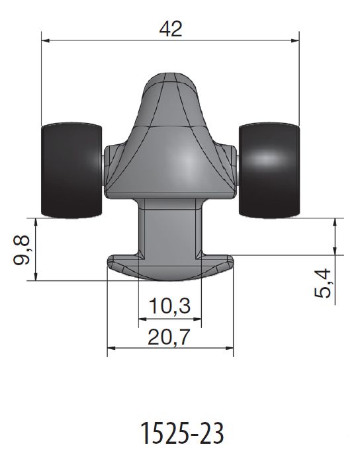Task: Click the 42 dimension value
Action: click(x=171, y=28)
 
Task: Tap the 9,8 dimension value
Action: click(x=22, y=250)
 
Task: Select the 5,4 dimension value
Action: click(x=322, y=283)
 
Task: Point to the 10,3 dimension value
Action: click(x=170, y=306)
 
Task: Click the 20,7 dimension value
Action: click(x=169, y=337)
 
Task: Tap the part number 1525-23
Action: click(x=182, y=433)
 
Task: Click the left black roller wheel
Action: click(x=71, y=170)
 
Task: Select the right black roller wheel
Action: click(x=269, y=170)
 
